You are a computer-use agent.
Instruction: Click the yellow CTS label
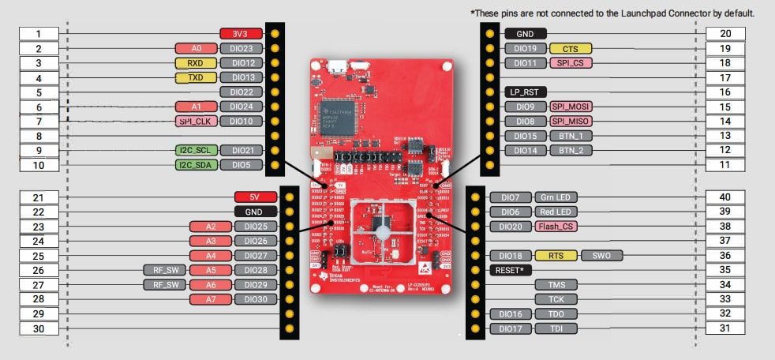(570, 49)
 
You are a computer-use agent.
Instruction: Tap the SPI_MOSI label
(570, 107)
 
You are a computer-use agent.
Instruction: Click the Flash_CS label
(556, 227)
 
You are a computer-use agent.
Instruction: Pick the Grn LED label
(556, 197)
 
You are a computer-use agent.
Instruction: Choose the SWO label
(602, 256)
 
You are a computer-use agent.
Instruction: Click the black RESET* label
(510, 270)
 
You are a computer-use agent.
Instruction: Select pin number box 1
(39, 34)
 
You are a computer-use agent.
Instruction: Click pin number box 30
(39, 328)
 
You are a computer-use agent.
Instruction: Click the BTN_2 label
(570, 150)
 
